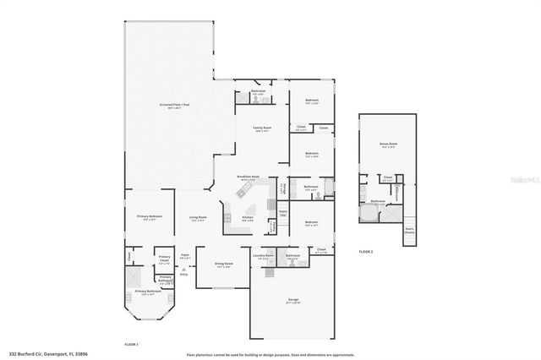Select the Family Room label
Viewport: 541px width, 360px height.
(x=261, y=128)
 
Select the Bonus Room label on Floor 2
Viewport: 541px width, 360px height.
(x=389, y=145)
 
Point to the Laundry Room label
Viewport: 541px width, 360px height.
(x=264, y=256)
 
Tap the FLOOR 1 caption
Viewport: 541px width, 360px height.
(x=131, y=345)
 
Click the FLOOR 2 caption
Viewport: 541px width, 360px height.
(x=366, y=252)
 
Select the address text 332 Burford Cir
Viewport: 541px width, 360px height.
(x=48, y=354)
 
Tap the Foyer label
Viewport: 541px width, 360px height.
(x=184, y=255)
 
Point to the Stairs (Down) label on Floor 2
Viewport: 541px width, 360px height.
(x=410, y=229)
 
